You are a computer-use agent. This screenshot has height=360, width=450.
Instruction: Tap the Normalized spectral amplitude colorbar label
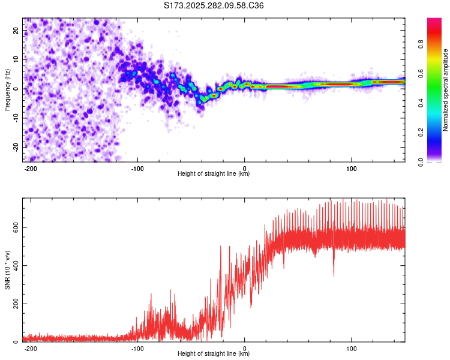click(446, 90)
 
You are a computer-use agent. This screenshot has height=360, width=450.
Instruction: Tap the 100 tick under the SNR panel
click(352, 348)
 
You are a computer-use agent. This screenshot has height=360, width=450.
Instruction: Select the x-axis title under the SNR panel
click(214, 354)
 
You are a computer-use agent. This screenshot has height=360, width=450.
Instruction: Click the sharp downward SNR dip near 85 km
click(334, 275)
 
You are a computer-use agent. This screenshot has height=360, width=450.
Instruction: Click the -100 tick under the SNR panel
click(137, 348)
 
